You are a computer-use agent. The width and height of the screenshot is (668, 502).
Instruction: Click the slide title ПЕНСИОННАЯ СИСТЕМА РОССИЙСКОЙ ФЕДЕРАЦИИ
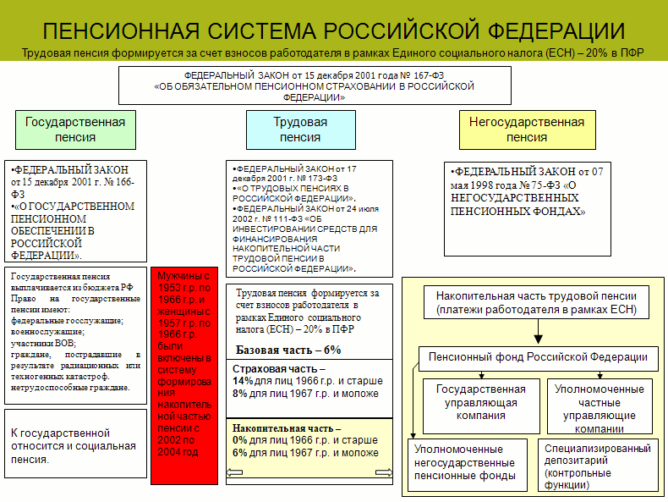coord(333,31)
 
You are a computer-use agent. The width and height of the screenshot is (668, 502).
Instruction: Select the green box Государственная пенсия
coord(75,130)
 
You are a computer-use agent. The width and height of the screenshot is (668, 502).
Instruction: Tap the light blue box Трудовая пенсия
coord(300,130)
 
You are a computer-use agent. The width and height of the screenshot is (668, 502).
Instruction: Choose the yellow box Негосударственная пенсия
coord(527,130)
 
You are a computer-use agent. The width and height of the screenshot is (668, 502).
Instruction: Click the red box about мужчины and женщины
coord(184,375)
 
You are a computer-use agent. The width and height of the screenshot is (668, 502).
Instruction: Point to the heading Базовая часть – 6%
coord(288,350)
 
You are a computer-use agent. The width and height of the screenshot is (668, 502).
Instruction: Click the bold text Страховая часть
coord(275,370)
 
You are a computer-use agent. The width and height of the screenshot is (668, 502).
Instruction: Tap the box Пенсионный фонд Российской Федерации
coord(539,357)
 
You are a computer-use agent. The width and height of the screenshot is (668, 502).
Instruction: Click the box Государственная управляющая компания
coord(480,402)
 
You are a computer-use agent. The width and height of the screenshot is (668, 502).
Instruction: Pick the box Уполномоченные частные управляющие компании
coord(599,408)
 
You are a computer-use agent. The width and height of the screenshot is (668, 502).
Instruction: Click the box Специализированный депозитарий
coord(598,466)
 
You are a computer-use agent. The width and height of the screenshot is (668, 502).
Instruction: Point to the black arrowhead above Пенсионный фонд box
coord(539,339)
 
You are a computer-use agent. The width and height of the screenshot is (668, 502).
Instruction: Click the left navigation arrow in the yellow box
coord(243,473)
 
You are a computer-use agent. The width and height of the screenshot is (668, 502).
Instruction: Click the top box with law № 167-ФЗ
coord(314,86)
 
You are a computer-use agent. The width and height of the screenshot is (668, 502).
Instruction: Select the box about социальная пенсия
coord(73,446)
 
